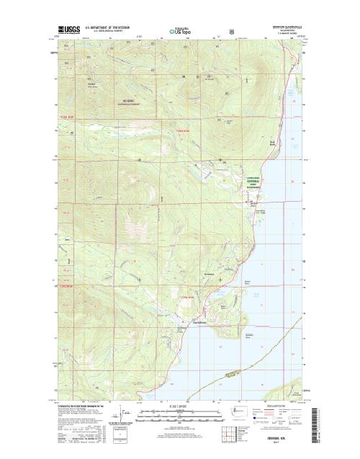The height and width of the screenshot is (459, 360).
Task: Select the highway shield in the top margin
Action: pos(230,32)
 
